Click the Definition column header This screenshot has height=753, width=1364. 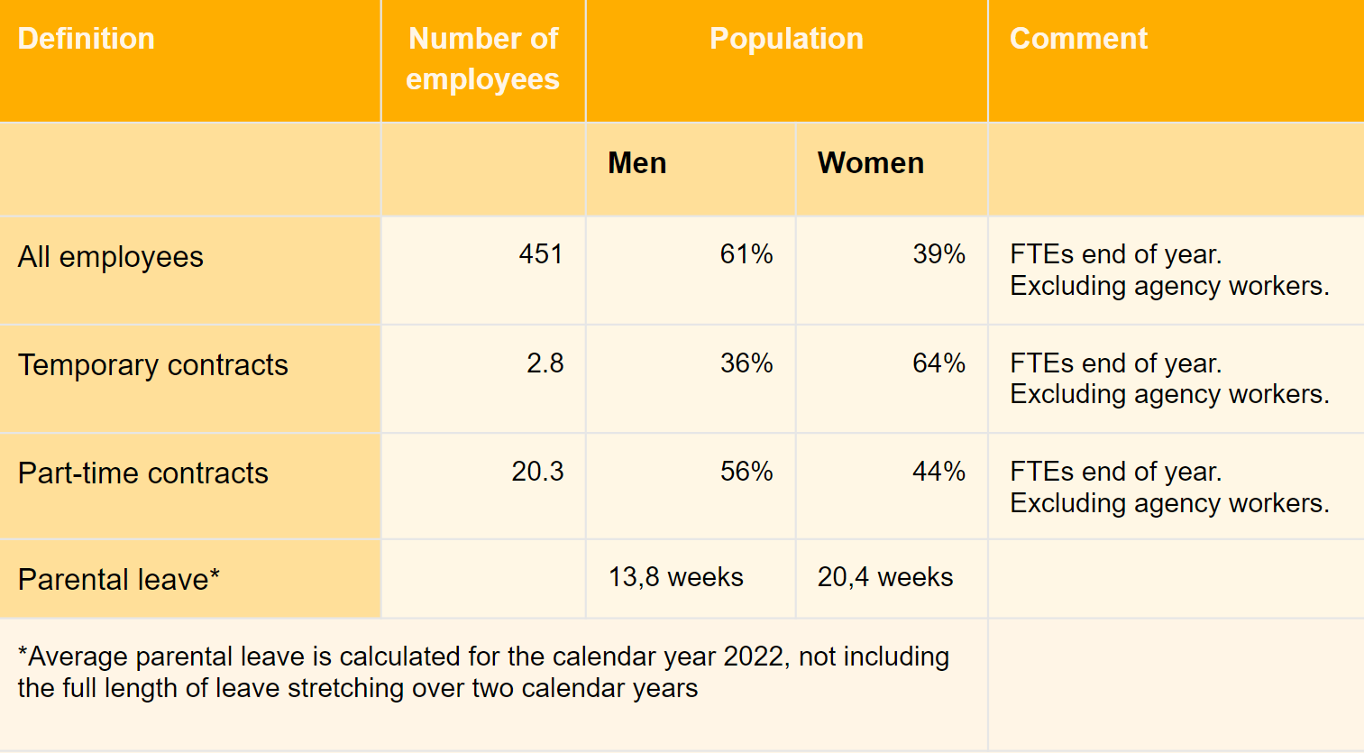coord(87,39)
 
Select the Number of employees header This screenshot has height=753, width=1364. coord(483,59)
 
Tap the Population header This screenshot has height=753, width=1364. coord(786,39)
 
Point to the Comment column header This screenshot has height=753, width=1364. coord(1078,39)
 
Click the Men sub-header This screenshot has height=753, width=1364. coord(637,163)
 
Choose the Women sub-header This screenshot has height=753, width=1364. coord(870,163)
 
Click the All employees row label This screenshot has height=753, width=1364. coord(111,257)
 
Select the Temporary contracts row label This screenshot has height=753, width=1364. coord(153,365)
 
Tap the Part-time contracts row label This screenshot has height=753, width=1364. coord(143,473)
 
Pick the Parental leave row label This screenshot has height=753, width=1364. coord(119,579)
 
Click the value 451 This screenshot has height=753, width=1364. coord(541,254)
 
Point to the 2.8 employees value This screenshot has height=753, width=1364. coord(545,363)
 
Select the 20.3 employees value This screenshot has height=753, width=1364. coord(537,472)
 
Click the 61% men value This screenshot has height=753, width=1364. coord(746,254)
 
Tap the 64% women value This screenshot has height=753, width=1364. coord(938,363)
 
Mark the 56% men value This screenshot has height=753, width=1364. coord(746,472)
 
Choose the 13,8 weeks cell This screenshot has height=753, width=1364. coord(676,577)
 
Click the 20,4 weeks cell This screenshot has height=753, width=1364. coord(885,577)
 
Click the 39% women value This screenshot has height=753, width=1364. coord(938,254)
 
